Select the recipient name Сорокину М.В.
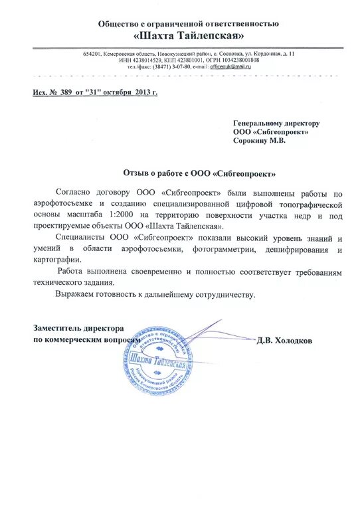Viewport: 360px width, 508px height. tap(259, 140)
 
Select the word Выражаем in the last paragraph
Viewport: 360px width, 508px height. tap(77, 294)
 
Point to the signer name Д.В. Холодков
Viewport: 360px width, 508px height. tap(284, 340)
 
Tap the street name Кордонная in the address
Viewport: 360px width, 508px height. tap(264, 53)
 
